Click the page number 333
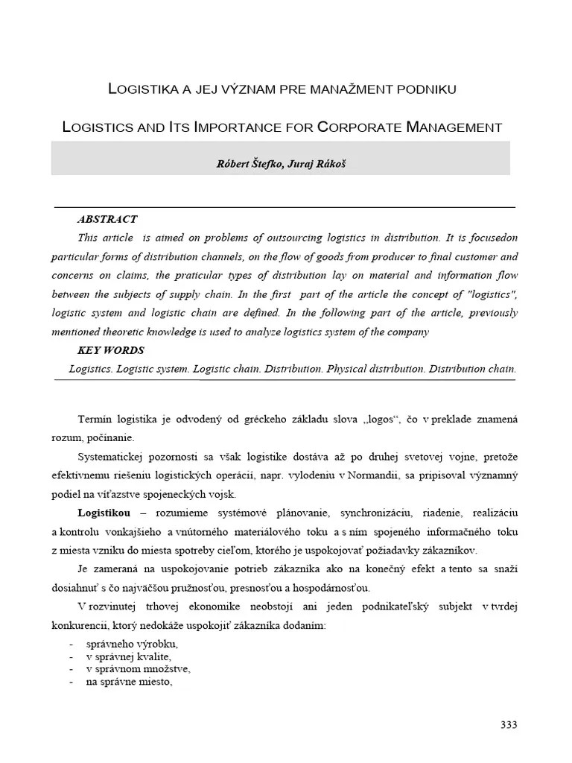coord(508,724)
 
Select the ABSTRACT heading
coord(107,219)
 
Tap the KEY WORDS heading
coord(111,350)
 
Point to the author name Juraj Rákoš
coord(318,165)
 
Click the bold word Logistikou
coord(104,513)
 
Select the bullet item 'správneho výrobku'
coord(133,645)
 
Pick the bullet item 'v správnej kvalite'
coord(129,656)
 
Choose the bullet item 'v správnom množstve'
coord(133,669)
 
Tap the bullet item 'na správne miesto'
coord(130,681)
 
